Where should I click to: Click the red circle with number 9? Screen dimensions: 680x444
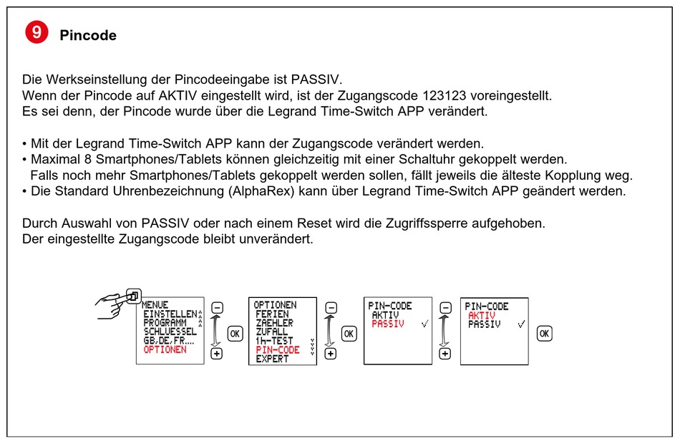pos(37,33)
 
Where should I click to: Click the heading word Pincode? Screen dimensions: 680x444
pos(88,35)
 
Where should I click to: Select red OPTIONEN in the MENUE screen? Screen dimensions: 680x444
pos(165,349)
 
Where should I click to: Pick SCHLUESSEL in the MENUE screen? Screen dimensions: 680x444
pos(170,332)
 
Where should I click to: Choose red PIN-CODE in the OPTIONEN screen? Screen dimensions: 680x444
pos(278,349)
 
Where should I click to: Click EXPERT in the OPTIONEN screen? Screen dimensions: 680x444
pos(272,359)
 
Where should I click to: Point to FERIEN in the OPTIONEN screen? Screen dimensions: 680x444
pos(272,314)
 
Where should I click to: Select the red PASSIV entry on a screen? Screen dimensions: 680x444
pos(388,324)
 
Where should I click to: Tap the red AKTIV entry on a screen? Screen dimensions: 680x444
pos(482,315)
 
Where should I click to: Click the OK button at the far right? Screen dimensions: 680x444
pos(545,334)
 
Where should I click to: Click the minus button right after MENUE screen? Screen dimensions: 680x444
pos(218,308)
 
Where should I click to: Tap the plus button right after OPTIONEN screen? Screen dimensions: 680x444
pos(330,353)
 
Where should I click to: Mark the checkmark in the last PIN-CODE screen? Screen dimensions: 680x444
pos(520,324)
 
